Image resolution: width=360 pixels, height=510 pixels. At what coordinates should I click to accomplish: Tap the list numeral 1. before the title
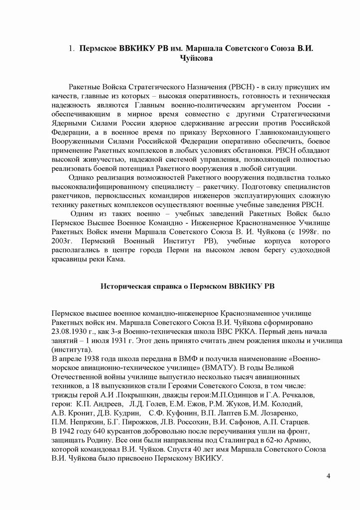[72, 49]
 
